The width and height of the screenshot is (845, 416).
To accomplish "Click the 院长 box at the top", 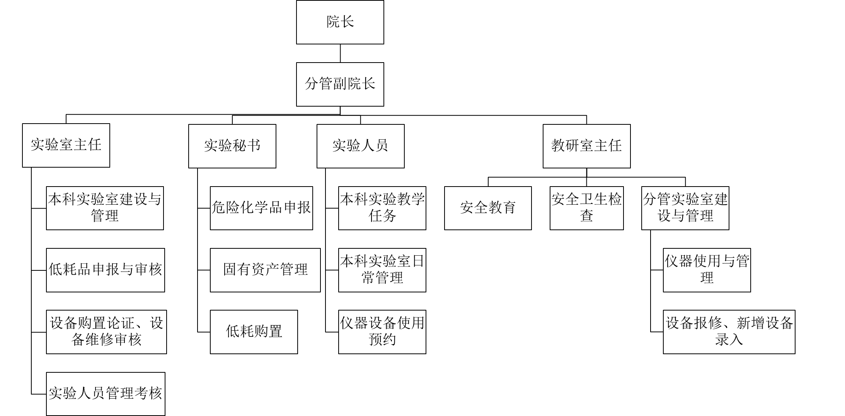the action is pos(340,22).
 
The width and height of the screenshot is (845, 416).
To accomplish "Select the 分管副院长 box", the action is pos(340,84).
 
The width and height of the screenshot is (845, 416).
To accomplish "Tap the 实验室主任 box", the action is pos(66,145).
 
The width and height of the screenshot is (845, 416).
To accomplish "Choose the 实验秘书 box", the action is pos(232,146).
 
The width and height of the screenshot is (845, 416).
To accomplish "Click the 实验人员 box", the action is pos(361,146).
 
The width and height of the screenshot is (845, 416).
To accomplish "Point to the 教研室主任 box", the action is pos(587,146).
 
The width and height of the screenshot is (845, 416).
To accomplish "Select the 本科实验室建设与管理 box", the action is pos(105,208).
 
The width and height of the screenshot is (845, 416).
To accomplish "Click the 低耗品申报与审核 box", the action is pos(106,270).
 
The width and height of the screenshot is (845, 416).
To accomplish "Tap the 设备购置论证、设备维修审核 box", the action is pos(106,332).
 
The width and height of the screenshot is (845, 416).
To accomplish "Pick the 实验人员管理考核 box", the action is pos(106,394).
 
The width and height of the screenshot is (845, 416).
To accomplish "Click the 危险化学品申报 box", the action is pos(261,208).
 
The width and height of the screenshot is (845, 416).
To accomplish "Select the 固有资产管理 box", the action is pos(265,270).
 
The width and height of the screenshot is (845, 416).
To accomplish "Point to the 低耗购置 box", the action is pos(254,332).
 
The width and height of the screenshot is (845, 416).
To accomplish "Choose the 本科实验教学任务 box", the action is pos(382,208).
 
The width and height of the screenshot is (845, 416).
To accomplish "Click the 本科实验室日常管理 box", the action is pos(382,270).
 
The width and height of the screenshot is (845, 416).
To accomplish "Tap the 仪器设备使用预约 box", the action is pos(382,332).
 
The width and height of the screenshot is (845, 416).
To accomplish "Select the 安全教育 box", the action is pos(488,208).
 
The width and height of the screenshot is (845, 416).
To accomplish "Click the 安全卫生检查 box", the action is pos(587,208).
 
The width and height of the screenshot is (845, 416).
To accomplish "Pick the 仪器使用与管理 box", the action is pos(707,270).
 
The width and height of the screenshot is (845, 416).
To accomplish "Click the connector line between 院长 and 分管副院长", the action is pos(340,53).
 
